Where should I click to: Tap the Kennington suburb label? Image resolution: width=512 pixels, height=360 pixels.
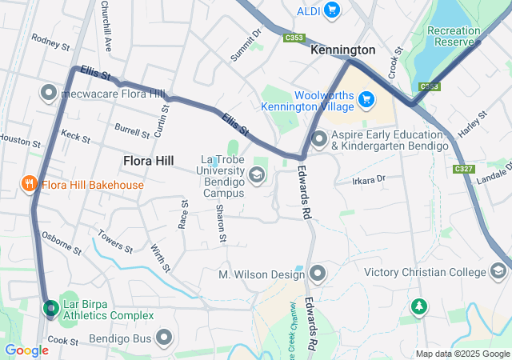(x=342, y=50)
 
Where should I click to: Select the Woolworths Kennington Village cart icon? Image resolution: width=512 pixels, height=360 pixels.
(x=366, y=99)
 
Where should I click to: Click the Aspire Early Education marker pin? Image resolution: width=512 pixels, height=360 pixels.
(x=318, y=139)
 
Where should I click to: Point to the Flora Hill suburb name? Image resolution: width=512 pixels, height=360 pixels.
(x=148, y=161)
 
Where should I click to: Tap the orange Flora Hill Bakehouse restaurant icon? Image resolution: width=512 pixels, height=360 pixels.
(x=30, y=185)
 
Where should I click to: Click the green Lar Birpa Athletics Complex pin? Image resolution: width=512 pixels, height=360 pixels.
(x=50, y=308)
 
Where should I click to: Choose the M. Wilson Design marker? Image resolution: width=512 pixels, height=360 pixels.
(x=318, y=274)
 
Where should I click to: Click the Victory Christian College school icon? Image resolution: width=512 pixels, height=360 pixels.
(x=498, y=273)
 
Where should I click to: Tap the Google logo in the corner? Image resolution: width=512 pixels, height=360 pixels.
(x=26, y=350)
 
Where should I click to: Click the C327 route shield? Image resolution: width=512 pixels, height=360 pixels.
(x=462, y=169)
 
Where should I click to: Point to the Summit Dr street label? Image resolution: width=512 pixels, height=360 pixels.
(x=246, y=46)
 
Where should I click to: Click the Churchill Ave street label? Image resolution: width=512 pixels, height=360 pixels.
(x=105, y=17)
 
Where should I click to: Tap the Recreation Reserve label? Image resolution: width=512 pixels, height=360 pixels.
(x=454, y=36)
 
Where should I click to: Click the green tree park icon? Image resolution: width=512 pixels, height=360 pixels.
(x=418, y=306)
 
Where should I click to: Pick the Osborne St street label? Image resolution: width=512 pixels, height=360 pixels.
(x=62, y=243)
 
